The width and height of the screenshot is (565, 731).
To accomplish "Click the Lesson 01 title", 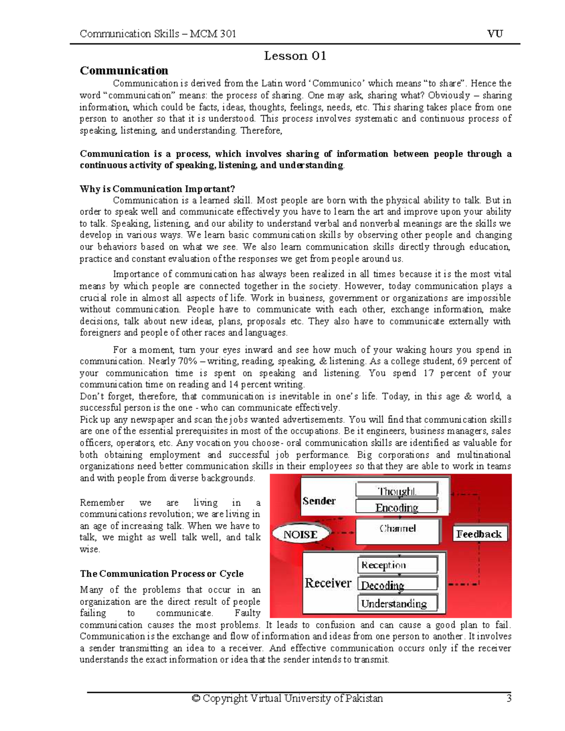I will click(x=295, y=56).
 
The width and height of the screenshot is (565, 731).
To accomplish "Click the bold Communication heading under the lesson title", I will click(x=124, y=71).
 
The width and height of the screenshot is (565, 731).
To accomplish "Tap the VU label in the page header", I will click(x=495, y=33).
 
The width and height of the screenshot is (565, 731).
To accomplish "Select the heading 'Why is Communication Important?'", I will click(x=157, y=189).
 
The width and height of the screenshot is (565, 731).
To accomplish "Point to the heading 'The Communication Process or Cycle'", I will click(x=161, y=574).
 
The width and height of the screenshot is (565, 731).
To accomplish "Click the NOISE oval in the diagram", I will click(x=300, y=534).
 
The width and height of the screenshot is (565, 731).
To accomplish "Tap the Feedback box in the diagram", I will click(x=479, y=534).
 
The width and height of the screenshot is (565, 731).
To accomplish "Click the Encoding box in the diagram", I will click(x=396, y=507).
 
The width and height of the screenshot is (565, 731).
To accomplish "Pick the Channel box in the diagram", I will click(x=398, y=529).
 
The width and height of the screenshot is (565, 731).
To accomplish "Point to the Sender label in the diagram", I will click(x=319, y=501).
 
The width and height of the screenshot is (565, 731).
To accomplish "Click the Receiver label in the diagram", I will click(x=328, y=583).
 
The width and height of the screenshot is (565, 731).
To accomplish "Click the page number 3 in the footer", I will click(x=508, y=698).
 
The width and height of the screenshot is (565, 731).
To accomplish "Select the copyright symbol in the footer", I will click(x=196, y=699).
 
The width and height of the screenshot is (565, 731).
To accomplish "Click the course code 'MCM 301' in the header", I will click(x=213, y=33).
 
